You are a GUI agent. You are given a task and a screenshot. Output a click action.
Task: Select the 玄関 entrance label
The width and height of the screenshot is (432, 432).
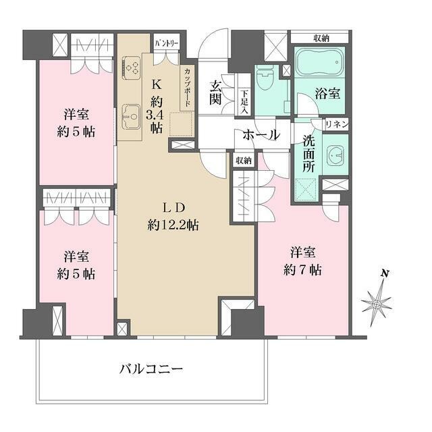pyautogui.click(x=216, y=94)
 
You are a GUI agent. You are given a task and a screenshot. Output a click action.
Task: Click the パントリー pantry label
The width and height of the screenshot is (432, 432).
pyautogui.click(x=166, y=43)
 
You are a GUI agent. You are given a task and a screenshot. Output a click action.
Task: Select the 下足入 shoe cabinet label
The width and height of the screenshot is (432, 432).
pyautogui.click(x=244, y=101)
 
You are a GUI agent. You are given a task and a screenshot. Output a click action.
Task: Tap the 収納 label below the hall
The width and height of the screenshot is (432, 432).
pyautogui.click(x=243, y=161)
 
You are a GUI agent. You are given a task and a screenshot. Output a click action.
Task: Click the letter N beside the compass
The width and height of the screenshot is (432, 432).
pyautogui.click(x=383, y=273)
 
